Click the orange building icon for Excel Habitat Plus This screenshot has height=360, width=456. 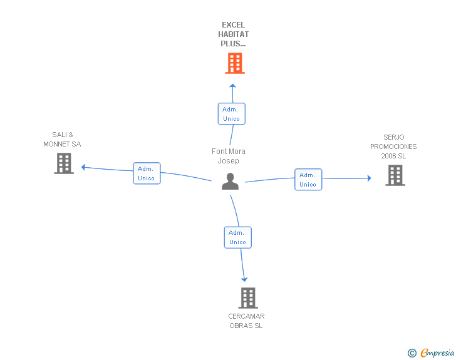point(234,63)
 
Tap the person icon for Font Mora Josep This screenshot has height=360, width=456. point(231,182)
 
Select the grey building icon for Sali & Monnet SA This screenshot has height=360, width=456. point(64,163)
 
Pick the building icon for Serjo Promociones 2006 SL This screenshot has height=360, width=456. point(395,175)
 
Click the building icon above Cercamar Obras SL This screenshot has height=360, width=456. point(248,298)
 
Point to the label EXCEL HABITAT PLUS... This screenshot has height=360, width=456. point(233,34)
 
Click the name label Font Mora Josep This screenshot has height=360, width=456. point(229,156)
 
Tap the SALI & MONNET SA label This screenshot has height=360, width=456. point(62,140)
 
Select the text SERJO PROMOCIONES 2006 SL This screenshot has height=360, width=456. point(393,147)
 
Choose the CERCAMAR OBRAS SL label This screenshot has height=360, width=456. point(246,321)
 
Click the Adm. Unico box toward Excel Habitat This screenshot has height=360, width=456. point(231,114)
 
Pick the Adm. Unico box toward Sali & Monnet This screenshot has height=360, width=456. point(147,173)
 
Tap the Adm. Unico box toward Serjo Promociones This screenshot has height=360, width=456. point(308,180)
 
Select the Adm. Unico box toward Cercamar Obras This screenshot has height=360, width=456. point(237,237)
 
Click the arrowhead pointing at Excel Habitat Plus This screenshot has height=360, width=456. point(232,86)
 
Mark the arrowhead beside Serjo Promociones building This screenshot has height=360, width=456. point(368,178)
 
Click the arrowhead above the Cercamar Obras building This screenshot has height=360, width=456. point(244,279)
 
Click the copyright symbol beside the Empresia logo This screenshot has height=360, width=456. point(412,354)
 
